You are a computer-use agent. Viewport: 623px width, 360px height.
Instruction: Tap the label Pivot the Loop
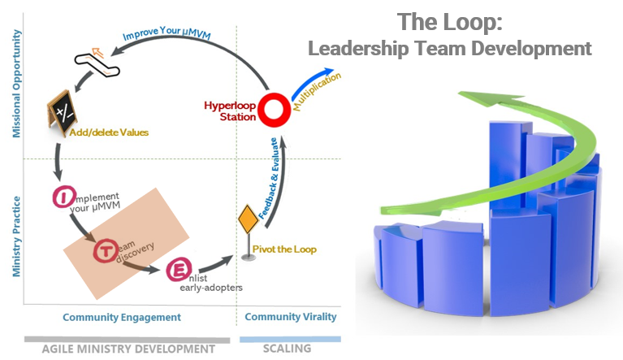click(283, 249)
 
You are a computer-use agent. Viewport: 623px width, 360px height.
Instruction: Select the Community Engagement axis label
click(122, 317)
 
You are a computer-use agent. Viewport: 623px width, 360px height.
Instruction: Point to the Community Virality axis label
click(290, 317)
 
